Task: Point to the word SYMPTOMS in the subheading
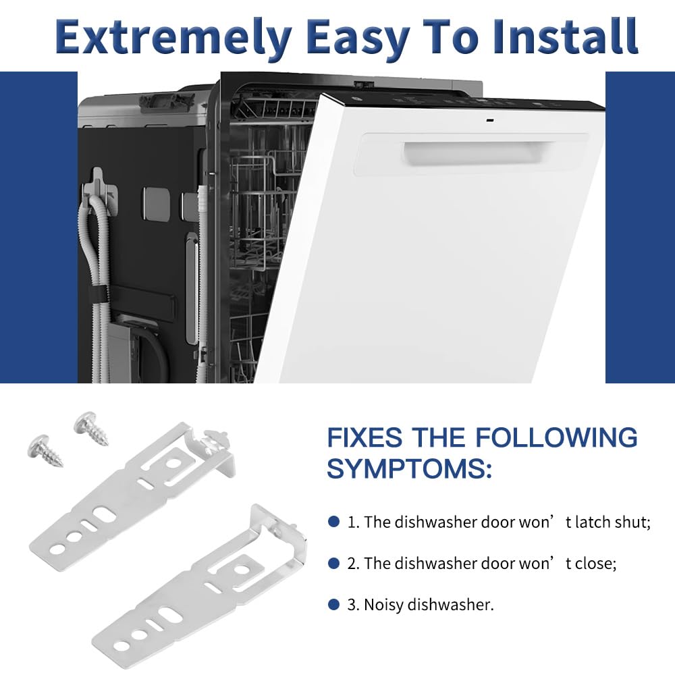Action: [409, 468]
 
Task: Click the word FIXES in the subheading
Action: [365, 437]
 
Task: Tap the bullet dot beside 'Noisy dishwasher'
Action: [333, 604]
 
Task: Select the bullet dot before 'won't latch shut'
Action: [333, 522]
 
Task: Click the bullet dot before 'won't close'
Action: [333, 563]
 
